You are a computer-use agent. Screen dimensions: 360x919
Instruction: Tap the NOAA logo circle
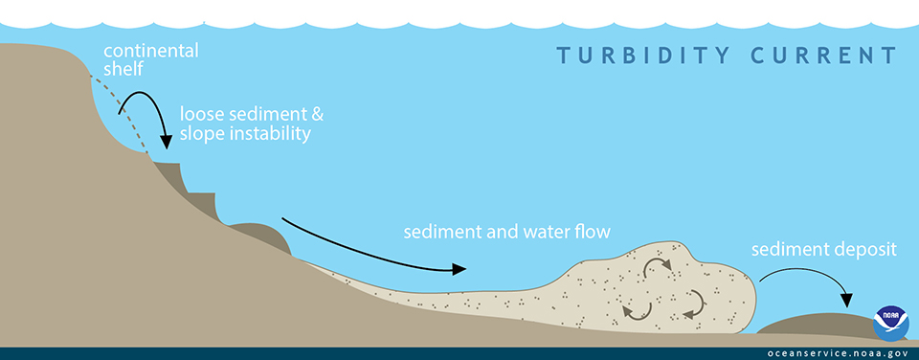coord(891,324)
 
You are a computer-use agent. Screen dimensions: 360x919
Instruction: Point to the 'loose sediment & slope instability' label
coord(251,124)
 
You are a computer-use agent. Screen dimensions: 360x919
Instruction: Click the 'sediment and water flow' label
coord(506,232)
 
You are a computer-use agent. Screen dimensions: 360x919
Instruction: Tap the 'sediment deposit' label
coord(823,250)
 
